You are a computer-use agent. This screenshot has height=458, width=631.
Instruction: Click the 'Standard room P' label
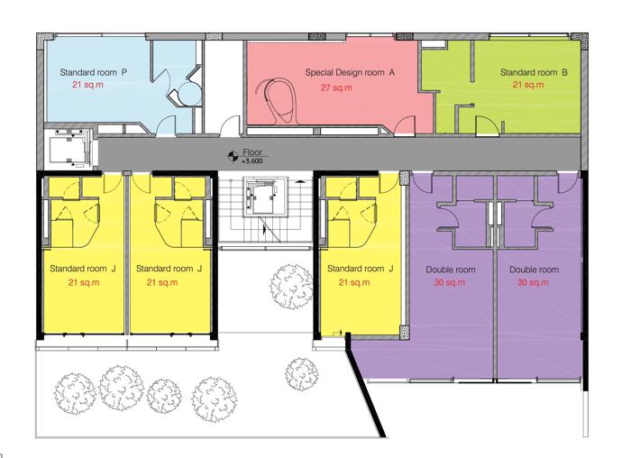94,72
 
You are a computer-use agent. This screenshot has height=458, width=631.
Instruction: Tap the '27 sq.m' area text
336,87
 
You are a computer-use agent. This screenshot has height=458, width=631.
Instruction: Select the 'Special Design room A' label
350,72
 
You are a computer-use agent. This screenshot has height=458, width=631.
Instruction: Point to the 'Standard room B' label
534,72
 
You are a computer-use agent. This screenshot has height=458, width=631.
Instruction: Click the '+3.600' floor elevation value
252,161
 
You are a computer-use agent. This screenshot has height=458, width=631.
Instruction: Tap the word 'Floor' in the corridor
252,152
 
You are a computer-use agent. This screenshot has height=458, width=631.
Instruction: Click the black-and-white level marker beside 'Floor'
233,156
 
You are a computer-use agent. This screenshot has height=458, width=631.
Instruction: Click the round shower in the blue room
189,94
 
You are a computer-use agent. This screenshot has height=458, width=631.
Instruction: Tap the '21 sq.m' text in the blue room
87,85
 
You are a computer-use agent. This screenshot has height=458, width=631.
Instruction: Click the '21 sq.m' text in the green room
528,85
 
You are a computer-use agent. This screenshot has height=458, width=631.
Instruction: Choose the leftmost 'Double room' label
451,270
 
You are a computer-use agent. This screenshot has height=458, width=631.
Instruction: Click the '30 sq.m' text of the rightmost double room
533,282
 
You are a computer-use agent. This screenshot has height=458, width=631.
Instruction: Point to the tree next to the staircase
291,287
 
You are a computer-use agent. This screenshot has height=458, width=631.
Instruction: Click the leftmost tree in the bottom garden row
75,394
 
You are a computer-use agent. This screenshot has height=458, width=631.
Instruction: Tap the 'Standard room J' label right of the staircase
361,269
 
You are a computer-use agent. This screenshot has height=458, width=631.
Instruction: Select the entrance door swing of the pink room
404,124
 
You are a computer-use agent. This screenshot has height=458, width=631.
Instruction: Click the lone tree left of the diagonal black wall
302,374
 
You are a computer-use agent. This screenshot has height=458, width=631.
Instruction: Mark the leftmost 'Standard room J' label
83,269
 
